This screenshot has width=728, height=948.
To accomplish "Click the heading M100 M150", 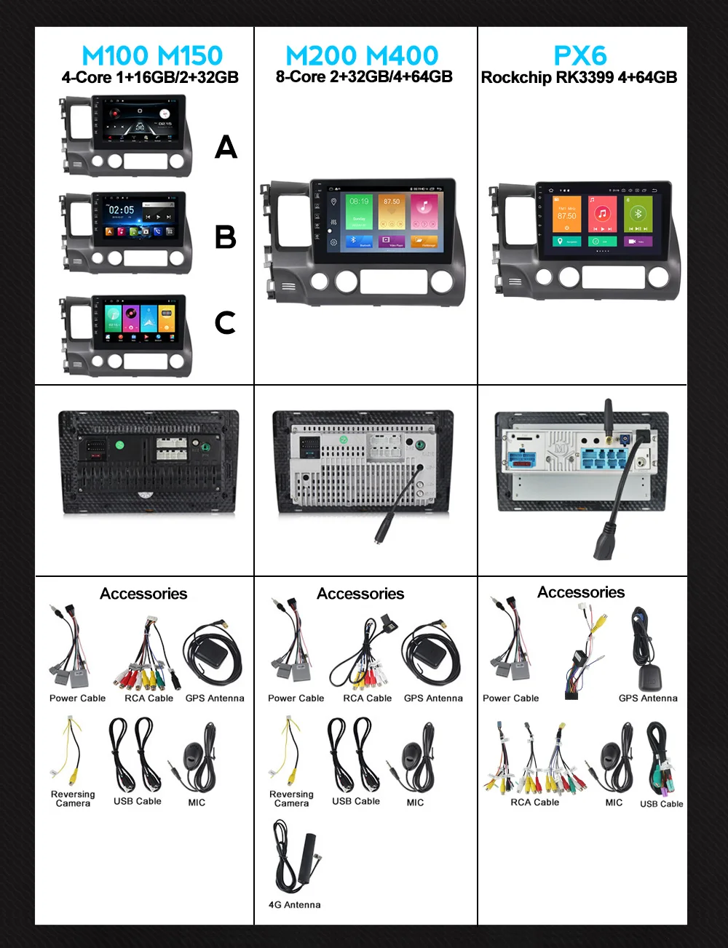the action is [152, 55].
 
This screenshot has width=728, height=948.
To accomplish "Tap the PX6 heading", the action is [580, 55].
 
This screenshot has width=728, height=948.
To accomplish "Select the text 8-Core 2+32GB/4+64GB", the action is [364, 77].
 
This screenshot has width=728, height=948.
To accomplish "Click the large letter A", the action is [226, 147].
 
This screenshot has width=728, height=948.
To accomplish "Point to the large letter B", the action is [226, 237].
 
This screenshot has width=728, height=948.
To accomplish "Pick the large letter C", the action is [226, 322].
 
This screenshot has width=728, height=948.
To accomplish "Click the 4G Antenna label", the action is [294, 905].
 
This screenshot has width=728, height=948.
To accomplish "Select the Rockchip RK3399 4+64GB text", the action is [579, 77].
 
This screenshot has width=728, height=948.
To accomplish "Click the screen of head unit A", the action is [138, 121].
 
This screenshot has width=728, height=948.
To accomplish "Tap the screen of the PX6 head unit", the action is [603, 220].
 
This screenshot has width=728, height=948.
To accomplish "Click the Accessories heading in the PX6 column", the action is [581, 592].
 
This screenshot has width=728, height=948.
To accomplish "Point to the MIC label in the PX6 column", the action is [614, 802].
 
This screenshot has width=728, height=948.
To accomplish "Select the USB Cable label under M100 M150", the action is [138, 801].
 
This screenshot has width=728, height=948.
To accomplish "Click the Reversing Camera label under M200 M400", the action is [291, 799].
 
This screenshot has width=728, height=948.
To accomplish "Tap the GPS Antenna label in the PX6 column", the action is [648, 698].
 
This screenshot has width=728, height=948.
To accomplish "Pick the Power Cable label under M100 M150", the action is [77, 698].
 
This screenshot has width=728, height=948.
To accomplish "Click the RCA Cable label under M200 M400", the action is [368, 698].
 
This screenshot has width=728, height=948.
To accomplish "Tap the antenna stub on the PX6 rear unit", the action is [609, 415].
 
